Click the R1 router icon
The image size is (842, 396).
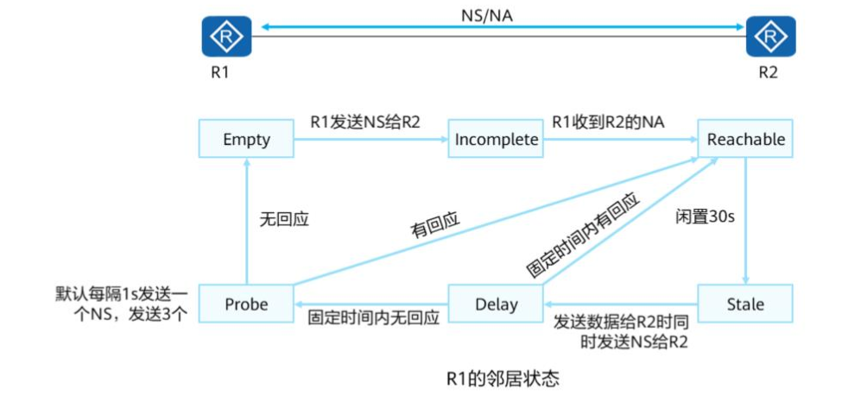(x=226, y=36)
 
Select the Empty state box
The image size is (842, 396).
(x=246, y=139)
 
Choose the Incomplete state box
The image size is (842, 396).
(x=497, y=139)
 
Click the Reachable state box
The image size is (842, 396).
(x=746, y=139)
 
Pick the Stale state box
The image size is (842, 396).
(x=745, y=304)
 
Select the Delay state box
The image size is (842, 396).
(x=497, y=304)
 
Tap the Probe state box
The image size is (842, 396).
(x=246, y=304)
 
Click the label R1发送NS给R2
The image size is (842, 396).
(x=364, y=123)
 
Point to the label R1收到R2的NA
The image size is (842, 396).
(x=610, y=123)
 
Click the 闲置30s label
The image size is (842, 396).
(x=705, y=217)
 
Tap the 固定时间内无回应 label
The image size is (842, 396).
(x=374, y=317)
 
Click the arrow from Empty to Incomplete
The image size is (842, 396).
(x=371, y=140)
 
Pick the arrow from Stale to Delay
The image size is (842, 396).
(x=620, y=305)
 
